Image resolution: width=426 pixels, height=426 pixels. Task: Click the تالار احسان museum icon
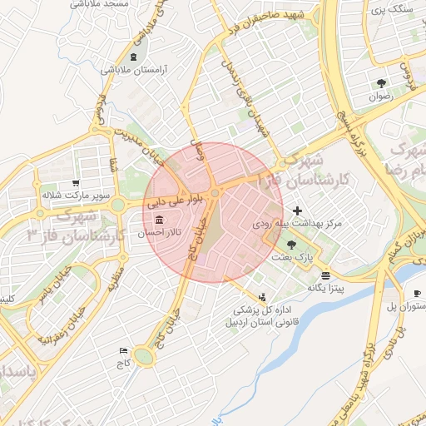[x=158, y=220]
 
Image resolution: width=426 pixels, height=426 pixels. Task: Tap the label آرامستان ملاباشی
[x=135, y=70]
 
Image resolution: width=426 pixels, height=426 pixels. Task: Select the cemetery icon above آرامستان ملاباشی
[x=135, y=56]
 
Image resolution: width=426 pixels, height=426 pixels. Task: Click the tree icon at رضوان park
[x=381, y=82]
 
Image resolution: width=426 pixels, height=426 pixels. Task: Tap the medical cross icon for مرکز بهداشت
[x=297, y=211]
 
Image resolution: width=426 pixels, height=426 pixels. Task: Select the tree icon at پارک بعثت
[x=291, y=245]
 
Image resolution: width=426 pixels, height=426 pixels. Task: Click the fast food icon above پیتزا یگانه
[x=324, y=275]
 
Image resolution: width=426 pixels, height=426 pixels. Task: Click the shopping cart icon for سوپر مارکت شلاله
[x=76, y=183]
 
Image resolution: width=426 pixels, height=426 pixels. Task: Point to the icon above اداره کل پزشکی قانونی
[x=264, y=296]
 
